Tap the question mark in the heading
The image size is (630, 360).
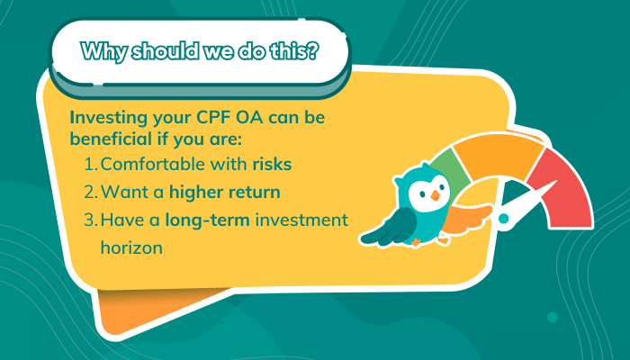pyautogui.click(x=311, y=50)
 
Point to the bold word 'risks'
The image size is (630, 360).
pyautogui.click(x=272, y=165)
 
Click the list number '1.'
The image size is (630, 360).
pyautogui.click(x=91, y=165)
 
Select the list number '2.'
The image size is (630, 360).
pyautogui.click(x=91, y=192)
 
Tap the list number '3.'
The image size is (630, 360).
pyautogui.click(x=91, y=220)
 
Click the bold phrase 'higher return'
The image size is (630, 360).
pyautogui.click(x=225, y=193)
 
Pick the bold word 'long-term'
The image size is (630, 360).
pyautogui.click(x=208, y=220)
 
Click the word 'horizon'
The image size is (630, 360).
pyautogui.click(x=131, y=247)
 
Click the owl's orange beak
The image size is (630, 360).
pyautogui.click(x=435, y=195)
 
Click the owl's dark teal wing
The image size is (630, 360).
pyautogui.click(x=388, y=229)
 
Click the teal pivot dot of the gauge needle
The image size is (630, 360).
pyautogui.click(x=503, y=219)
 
